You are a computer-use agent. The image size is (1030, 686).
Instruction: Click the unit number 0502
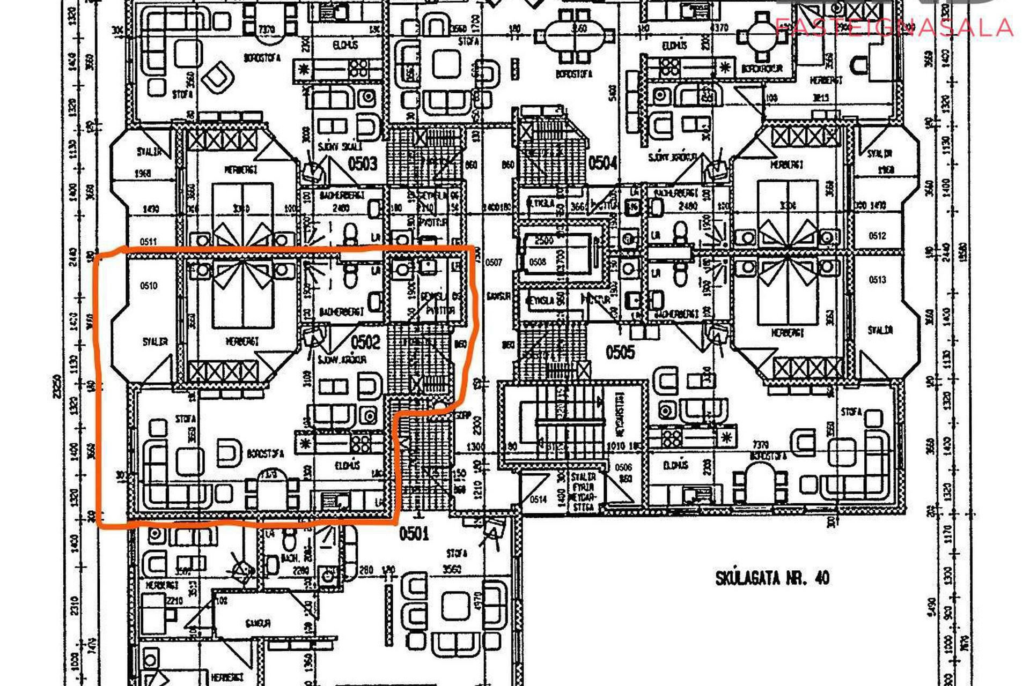366,342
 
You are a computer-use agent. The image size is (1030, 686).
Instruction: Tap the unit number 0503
363,163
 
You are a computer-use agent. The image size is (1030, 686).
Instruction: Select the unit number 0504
603,162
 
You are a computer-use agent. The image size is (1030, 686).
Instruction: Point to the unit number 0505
620,352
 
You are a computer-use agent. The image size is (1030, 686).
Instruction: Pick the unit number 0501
414,533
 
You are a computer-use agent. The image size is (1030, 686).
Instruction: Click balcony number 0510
149,286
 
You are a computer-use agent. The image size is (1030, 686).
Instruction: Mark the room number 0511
148,242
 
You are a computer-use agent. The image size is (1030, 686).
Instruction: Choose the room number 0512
877,235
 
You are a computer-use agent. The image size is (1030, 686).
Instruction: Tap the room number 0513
877,279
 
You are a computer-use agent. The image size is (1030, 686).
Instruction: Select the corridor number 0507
494,262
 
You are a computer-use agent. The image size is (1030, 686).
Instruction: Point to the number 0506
623,467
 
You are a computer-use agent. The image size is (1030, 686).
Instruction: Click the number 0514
538,499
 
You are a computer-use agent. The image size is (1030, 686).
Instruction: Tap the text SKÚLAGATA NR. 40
772,578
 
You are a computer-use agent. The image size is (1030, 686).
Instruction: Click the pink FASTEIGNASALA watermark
894,27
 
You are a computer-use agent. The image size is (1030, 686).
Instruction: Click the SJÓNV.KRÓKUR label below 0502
342,360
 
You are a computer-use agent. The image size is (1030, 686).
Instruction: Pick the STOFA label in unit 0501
457,553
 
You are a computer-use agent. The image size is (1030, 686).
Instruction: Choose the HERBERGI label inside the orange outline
242,341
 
